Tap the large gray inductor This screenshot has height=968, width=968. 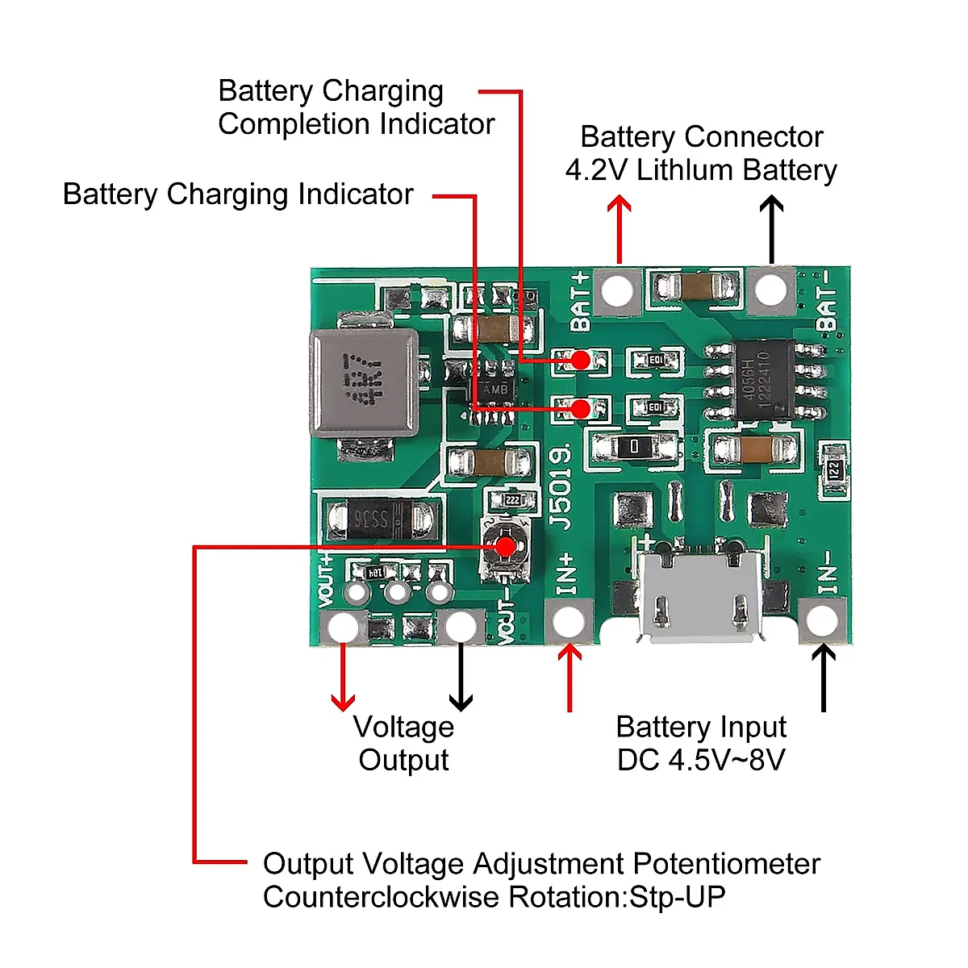coord(364,382)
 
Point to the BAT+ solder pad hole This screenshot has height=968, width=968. coord(617,289)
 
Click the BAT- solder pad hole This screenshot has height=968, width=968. coord(771,289)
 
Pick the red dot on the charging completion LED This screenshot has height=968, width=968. coord(580,360)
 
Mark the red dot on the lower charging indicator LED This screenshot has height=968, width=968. coord(580,409)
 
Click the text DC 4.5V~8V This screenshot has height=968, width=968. coord(700,760)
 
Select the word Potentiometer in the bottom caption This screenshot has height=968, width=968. coord(726,864)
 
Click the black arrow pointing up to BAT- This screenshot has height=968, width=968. coord(772,230)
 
